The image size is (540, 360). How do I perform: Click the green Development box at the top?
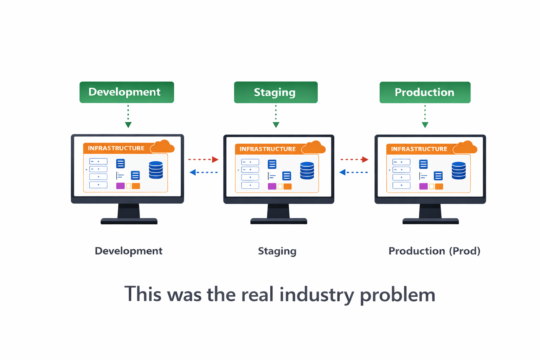point(127,92)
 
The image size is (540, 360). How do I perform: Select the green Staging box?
point(276,92)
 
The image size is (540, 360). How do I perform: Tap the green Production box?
point(425,92)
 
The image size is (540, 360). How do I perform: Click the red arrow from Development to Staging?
point(203,160)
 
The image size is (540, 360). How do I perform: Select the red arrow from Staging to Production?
point(354,160)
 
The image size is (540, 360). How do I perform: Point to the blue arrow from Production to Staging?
point(353,172)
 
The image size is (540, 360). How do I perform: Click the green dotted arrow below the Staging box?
point(276,116)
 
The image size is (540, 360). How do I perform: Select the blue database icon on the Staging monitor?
point(307,171)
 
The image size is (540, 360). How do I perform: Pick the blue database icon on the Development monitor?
point(156,170)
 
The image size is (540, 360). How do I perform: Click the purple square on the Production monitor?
point(423,186)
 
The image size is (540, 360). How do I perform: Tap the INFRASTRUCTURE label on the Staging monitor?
point(268,149)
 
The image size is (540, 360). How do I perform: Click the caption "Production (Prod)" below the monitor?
point(434,251)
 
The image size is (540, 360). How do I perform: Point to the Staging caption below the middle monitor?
point(277,251)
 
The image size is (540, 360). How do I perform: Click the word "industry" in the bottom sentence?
point(316,295)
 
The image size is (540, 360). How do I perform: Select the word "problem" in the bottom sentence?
point(397,295)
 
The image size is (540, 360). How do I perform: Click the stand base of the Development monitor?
point(129,221)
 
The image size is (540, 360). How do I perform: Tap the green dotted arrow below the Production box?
point(425,116)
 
